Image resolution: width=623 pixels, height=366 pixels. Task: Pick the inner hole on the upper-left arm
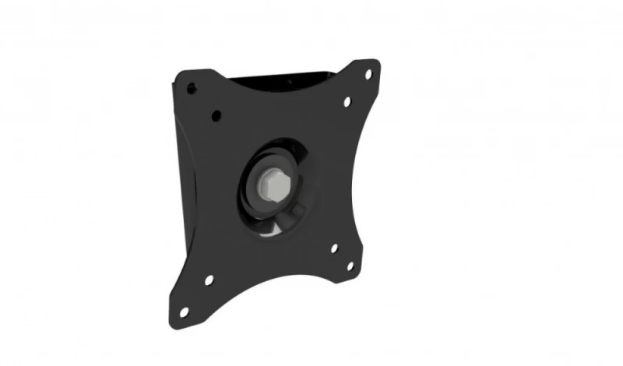pyautogui.click(x=216, y=116)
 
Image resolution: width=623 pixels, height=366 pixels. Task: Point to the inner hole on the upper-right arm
pyautogui.click(x=347, y=101)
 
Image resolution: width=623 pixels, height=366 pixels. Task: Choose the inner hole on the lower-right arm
pyautogui.click(x=333, y=249)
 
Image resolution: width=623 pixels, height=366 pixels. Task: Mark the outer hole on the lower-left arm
pyautogui.click(x=185, y=311)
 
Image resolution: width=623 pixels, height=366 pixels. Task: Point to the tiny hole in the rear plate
pyautogui.click(x=289, y=81)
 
